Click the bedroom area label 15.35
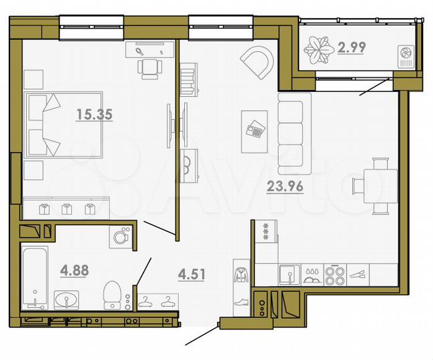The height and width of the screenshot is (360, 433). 93,114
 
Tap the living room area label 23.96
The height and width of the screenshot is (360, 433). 285,187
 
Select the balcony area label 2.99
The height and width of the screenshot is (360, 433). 352,47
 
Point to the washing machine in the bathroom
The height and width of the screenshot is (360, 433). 121,237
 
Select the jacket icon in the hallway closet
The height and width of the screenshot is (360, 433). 240,273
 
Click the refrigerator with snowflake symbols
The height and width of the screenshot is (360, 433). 265,234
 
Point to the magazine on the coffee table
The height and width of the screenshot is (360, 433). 255,129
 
